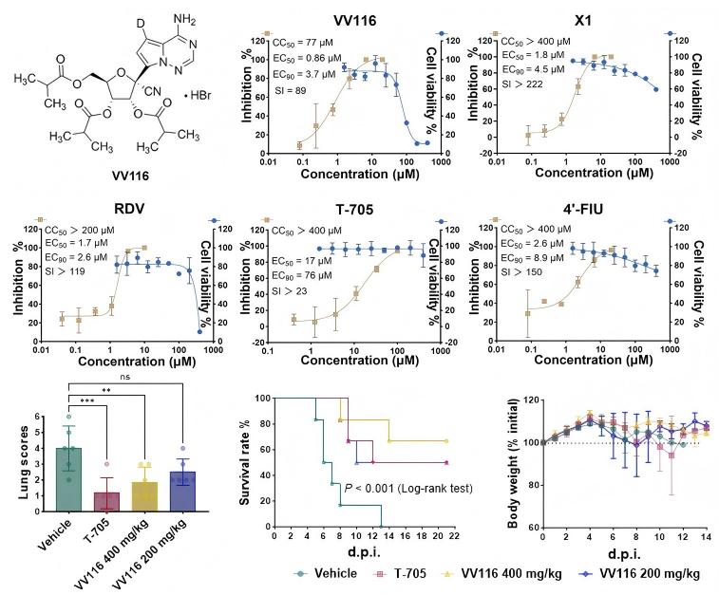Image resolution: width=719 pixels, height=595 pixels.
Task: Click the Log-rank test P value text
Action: click(398, 489)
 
